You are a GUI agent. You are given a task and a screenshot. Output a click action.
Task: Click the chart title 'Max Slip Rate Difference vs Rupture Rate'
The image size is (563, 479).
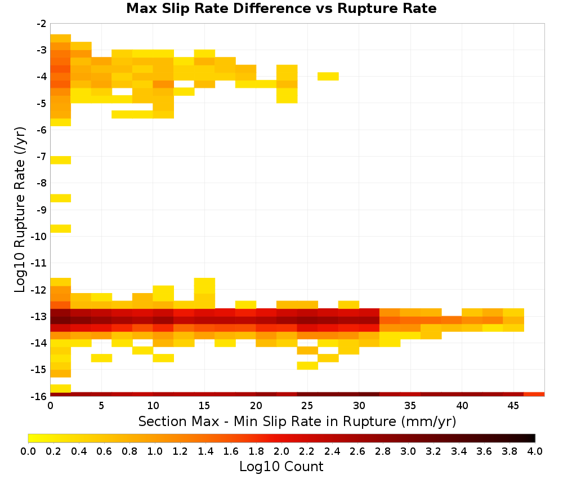coord(281,8)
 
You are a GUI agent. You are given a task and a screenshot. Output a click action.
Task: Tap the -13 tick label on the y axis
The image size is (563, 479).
coord(39,317)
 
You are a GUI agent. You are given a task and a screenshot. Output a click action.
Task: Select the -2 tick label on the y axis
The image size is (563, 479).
coord(42,24)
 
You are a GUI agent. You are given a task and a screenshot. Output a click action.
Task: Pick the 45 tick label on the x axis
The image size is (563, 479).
coord(513,406)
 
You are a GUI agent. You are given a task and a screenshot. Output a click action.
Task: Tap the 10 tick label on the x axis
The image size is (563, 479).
coord(153,406)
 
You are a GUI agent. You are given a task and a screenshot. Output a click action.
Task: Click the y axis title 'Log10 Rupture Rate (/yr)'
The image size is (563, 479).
coord(20,210)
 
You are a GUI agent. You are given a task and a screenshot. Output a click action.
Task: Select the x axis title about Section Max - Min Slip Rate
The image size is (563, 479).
coord(297,422)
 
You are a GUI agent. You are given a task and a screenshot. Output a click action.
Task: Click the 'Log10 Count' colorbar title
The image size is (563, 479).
coord(281,467)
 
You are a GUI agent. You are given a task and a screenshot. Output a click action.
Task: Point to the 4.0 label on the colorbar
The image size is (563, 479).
coord(535,451)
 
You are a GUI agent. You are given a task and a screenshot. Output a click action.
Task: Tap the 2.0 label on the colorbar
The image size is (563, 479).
coord(281,451)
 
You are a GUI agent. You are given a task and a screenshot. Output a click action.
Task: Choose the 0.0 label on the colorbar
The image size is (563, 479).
coord(28,451)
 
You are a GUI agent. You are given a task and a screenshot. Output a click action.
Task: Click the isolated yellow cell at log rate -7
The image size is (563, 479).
coord(61,160)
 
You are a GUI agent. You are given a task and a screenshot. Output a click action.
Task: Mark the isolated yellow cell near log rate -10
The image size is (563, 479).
coord(61,229)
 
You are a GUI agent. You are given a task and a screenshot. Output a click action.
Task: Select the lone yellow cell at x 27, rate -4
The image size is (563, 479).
coord(328,76)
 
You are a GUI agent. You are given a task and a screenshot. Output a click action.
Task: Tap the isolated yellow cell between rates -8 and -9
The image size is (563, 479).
coord(61,198)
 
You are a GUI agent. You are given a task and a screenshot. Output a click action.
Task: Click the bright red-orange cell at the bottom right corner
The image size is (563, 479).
coord(534,394)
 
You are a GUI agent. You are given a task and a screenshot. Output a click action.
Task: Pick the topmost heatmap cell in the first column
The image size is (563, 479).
coord(61,38)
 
